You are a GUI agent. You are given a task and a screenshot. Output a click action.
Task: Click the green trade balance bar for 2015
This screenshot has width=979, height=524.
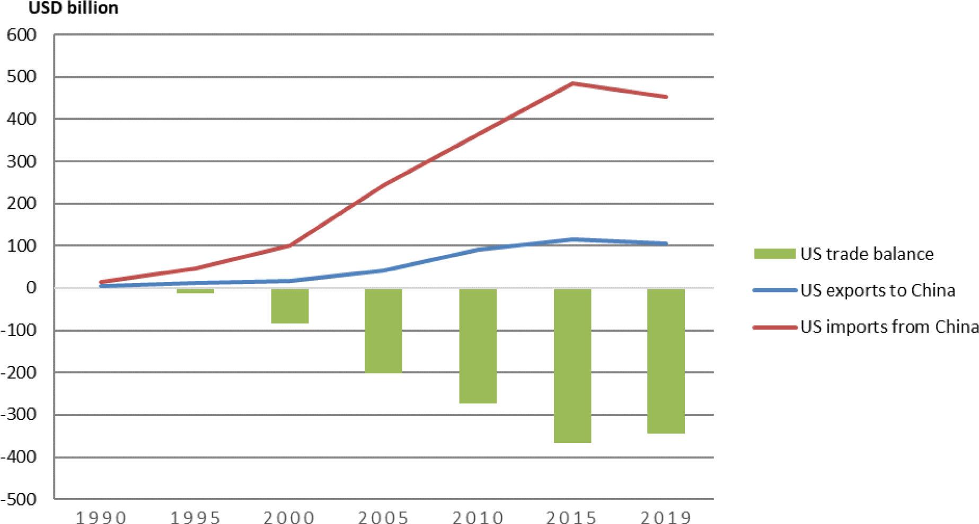point(572,366)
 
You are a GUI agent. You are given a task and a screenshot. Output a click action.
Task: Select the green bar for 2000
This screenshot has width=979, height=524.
point(290,306)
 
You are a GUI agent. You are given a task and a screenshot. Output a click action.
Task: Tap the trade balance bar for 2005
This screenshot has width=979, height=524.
point(383,331)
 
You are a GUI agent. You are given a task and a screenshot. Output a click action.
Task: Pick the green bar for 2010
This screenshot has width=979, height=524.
point(478,346)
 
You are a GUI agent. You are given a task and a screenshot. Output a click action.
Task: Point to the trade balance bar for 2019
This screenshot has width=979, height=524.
point(666,361)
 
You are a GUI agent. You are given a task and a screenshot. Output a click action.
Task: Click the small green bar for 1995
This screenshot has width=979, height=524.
point(196,291)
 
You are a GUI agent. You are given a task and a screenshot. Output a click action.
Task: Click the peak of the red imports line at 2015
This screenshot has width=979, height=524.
point(572,84)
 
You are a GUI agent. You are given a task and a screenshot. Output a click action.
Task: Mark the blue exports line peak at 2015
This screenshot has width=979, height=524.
point(572,239)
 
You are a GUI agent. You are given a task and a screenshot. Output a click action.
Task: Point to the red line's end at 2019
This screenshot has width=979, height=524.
point(666,97)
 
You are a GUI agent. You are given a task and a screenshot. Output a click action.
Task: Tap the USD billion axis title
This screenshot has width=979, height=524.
point(73,8)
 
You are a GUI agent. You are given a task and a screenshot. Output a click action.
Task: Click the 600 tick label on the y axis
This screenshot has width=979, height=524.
point(22,35)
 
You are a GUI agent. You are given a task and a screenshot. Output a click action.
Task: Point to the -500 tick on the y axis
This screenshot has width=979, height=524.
point(19,499)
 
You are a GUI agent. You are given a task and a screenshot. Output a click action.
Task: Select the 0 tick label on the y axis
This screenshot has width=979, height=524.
point(31,288)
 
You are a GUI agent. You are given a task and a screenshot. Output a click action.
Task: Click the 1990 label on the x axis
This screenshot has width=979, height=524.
point(101,517)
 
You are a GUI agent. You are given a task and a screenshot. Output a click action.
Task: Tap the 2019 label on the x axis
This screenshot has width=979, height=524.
point(666,517)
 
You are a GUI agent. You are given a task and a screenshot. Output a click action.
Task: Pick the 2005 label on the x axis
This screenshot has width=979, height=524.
point(383,517)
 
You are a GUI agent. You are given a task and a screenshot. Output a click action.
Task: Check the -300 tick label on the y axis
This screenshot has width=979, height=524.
point(19,414)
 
